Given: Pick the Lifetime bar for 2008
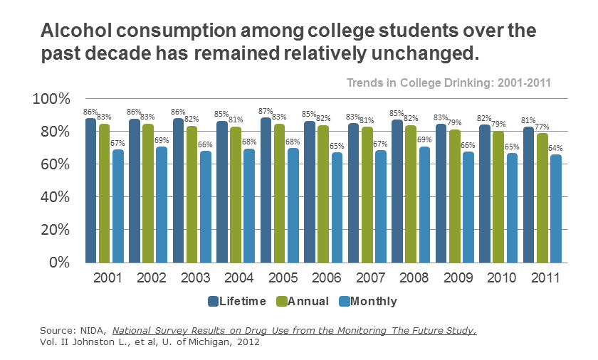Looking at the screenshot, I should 397,191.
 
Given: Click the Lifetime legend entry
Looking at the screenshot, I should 236,301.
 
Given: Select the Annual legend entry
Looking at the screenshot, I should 302,301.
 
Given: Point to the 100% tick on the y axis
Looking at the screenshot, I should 52,99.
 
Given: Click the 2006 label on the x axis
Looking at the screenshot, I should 327,277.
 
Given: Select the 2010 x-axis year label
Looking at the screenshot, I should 502,277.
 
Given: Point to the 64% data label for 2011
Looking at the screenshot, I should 555,148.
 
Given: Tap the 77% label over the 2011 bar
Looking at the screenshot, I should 542,127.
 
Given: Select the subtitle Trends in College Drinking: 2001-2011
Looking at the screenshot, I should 448,83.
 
